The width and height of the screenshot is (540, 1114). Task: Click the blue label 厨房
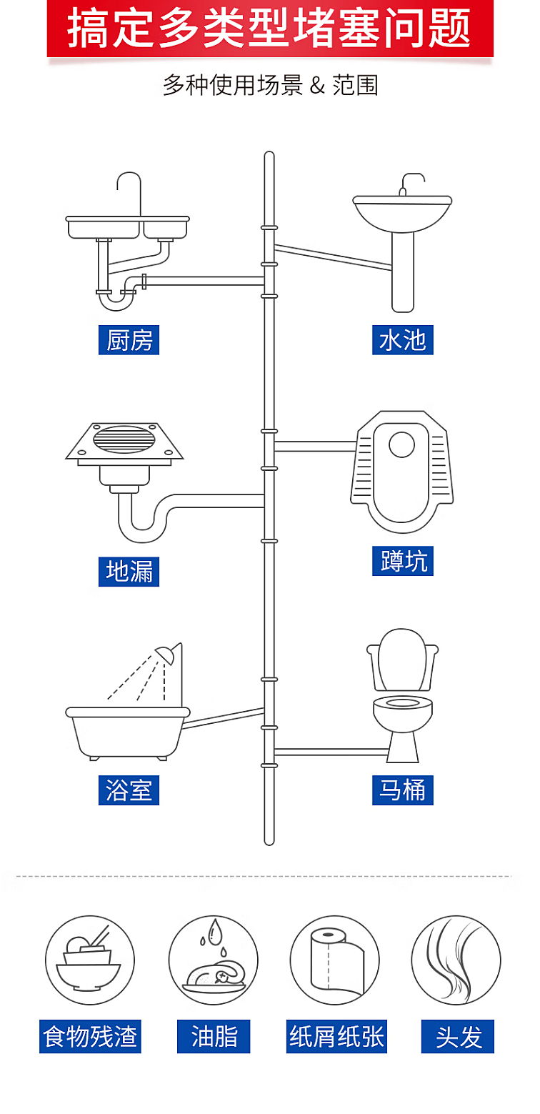coord(129,340)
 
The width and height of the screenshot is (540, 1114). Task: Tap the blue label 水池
coord(403,340)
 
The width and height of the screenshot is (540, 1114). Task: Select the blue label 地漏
coord(129,572)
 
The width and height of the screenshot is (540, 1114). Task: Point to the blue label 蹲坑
coord(403,561)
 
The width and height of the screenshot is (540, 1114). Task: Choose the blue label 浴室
coord(129,790)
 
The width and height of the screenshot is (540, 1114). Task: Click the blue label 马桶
coord(403,790)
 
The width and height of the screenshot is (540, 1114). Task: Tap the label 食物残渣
coord(90,1036)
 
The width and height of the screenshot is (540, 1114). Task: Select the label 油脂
coord(214,1036)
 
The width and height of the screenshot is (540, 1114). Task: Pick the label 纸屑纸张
coord(336,1036)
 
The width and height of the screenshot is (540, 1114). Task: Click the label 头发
coord(458,1036)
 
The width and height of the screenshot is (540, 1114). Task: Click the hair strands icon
coord(456,960)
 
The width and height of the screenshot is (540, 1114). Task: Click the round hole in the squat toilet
coord(401,444)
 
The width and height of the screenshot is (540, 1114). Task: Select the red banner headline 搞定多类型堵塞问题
coord(269,28)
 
